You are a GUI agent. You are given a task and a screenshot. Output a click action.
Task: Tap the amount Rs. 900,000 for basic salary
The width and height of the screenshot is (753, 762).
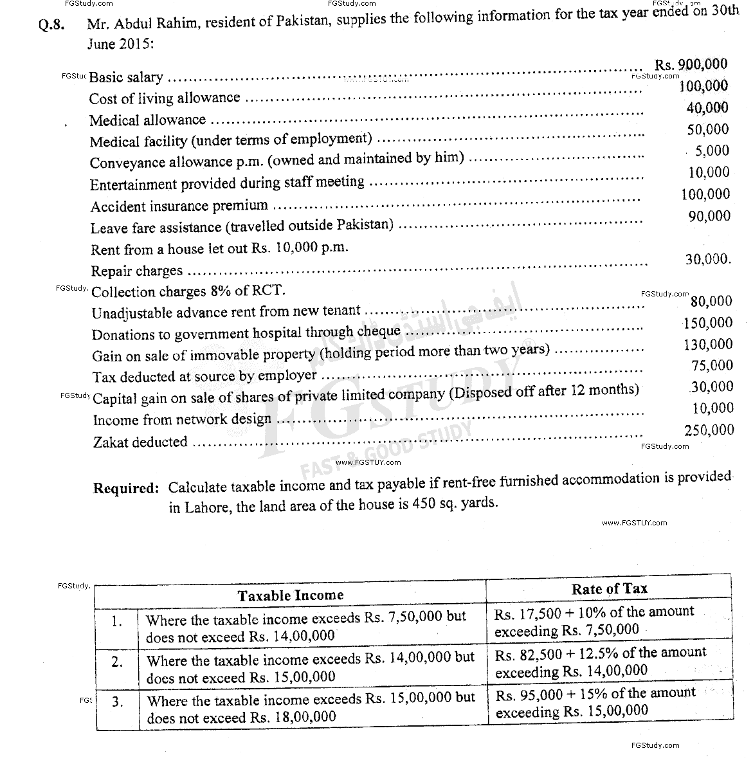tap(691, 64)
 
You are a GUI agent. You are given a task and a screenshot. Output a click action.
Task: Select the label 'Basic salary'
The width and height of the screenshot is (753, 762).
tap(126, 77)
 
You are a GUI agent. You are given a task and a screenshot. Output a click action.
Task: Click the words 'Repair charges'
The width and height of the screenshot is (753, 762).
tap(136, 271)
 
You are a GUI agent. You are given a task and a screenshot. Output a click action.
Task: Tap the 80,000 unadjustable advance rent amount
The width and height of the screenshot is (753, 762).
tap(711, 301)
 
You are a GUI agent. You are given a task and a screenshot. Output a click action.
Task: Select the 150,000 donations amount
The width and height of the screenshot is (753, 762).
tap(708, 323)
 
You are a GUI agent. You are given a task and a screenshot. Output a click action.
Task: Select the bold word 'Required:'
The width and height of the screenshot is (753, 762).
tap(126, 488)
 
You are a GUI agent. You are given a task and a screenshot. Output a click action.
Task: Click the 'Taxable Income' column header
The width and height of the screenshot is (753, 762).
tap(291, 595)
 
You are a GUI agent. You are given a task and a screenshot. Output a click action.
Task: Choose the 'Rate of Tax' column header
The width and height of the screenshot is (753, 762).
tap(609, 588)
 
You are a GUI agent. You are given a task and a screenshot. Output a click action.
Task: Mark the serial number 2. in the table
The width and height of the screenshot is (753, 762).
tap(116, 662)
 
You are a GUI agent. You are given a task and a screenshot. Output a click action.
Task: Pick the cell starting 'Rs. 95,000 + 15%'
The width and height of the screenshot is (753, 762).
tap(595, 702)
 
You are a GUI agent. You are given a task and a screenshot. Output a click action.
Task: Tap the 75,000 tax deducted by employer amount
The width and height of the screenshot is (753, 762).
tap(711, 365)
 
